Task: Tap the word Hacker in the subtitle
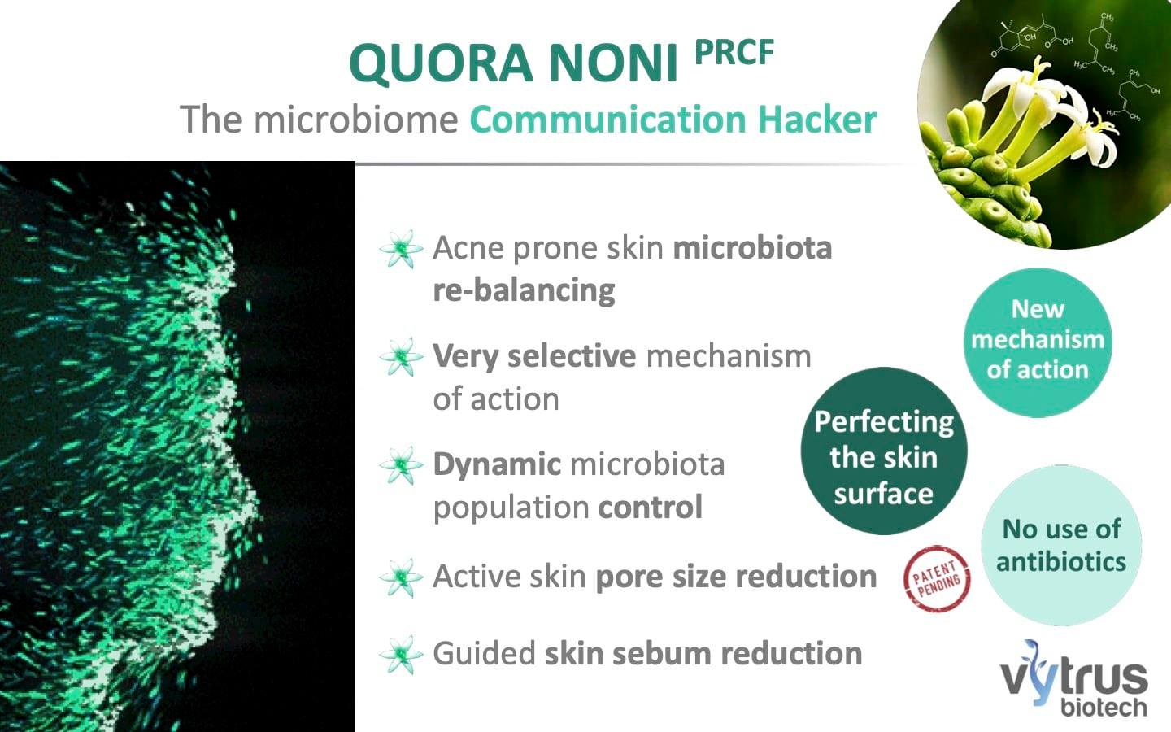817,120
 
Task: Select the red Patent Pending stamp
937,578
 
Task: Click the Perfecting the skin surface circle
884,451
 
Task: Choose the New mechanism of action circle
1038,342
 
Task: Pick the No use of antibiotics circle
1061,545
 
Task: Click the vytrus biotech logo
1074,678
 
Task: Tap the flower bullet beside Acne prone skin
401,249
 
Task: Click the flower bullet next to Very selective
401,357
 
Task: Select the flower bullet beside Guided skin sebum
401,654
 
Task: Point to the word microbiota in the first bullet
752,247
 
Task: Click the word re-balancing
524,291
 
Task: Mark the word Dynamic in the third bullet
497,465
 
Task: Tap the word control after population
651,507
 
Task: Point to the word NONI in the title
613,63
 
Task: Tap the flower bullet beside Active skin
401,577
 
